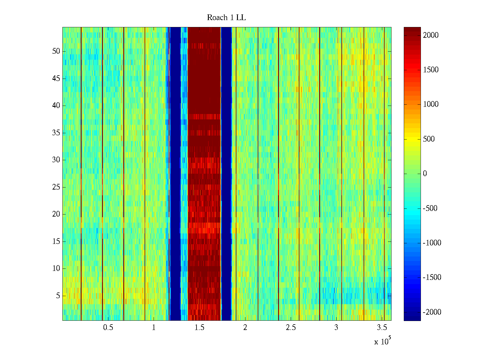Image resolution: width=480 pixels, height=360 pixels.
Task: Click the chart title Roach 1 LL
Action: (x=226, y=18)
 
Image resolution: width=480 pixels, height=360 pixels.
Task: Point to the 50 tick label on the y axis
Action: (x=56, y=51)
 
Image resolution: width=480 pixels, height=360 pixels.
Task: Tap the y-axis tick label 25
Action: (x=56, y=187)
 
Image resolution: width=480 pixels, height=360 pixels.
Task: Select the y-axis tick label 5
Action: (x=58, y=296)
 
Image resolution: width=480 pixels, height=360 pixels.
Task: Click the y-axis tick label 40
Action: (x=56, y=106)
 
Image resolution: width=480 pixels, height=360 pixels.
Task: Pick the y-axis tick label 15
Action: (x=56, y=241)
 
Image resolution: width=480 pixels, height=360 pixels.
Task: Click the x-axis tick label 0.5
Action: (x=108, y=328)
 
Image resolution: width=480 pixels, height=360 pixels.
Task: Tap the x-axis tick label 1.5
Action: (x=199, y=328)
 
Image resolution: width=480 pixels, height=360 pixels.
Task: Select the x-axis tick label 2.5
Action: (x=291, y=328)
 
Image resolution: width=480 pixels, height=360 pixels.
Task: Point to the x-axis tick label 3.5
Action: (x=382, y=328)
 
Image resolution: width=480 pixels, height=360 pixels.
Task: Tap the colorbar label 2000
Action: (x=430, y=35)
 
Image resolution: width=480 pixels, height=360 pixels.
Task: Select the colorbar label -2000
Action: (x=432, y=312)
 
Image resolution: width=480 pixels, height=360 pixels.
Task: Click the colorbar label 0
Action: (x=425, y=174)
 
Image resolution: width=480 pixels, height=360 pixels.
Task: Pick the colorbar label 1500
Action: (x=430, y=70)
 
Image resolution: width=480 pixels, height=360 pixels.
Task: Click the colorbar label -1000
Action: (x=432, y=243)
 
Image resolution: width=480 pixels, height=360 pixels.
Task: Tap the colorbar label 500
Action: (x=429, y=139)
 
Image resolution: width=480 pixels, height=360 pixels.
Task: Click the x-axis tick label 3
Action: (x=336, y=328)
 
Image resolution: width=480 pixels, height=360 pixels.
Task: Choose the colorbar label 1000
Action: (x=430, y=104)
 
